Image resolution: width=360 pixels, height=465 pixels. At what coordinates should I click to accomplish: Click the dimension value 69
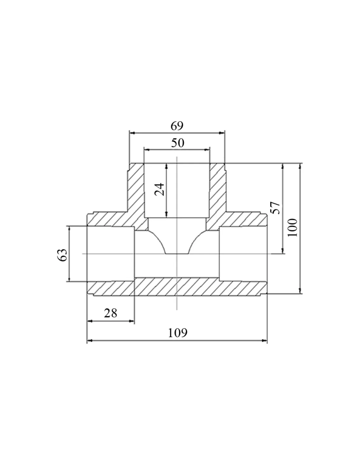click(x=177, y=126)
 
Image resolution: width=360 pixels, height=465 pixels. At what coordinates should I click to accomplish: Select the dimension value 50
click(x=177, y=143)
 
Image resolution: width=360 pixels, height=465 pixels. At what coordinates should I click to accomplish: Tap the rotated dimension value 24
click(x=159, y=190)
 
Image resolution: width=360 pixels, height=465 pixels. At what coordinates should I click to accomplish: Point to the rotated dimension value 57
click(x=275, y=208)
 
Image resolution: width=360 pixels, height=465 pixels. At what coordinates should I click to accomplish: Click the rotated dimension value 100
click(x=293, y=228)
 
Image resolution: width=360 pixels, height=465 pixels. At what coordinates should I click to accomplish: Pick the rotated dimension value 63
click(x=62, y=255)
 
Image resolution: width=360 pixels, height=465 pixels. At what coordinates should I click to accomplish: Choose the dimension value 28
click(x=111, y=313)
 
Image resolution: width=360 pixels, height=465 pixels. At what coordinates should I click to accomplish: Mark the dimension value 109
click(x=177, y=333)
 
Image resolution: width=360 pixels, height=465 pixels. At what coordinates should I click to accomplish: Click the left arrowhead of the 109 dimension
click(x=90, y=340)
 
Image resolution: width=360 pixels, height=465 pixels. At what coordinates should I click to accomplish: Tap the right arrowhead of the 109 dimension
click(x=264, y=340)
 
